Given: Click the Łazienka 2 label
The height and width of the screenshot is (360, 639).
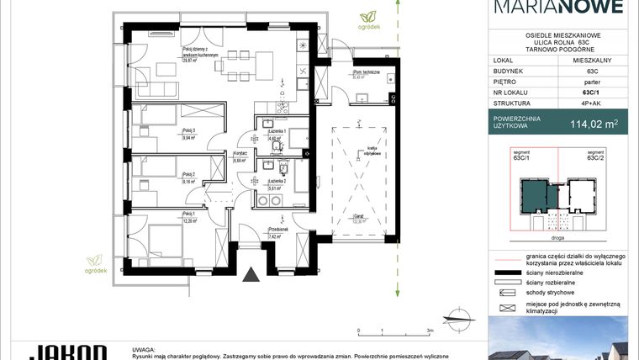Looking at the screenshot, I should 277,182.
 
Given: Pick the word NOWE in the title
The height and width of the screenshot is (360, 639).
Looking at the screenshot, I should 594,8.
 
